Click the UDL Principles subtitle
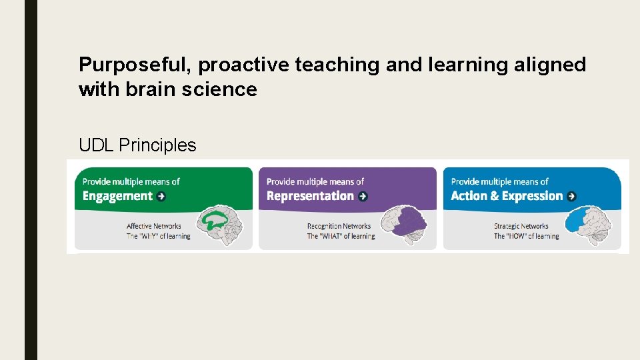pyautogui.click(x=137, y=145)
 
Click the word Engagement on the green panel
pyautogui.click(x=117, y=196)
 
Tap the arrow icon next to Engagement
pyautogui.click(x=161, y=196)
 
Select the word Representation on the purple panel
pyautogui.click(x=310, y=196)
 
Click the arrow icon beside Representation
pyautogui.click(x=363, y=196)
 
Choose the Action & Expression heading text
pyautogui.click(x=507, y=196)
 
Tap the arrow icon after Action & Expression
pyautogui.click(x=571, y=196)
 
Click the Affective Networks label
pyautogui.click(x=154, y=226)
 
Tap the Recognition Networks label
pyautogui.click(x=339, y=226)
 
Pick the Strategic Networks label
pyautogui.click(x=521, y=226)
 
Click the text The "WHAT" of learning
pyautogui.click(x=341, y=236)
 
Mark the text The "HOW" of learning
pyautogui.click(x=526, y=236)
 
